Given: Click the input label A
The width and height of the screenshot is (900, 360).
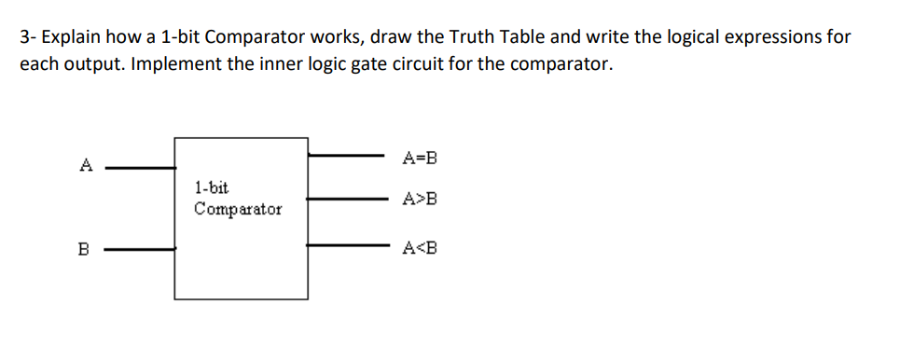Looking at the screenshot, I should pyautogui.click(x=86, y=166).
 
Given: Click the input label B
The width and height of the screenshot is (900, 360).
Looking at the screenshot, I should pyautogui.click(x=84, y=249).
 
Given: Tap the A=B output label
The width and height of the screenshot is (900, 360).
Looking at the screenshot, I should pyautogui.click(x=419, y=158).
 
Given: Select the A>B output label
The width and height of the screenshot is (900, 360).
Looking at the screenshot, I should pyautogui.click(x=419, y=199).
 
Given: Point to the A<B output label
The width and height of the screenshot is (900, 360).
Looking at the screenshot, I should pyautogui.click(x=419, y=248).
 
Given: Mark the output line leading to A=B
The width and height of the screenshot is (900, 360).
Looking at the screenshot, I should pyautogui.click(x=345, y=155).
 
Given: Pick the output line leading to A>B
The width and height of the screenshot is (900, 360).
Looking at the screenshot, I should pyautogui.click(x=345, y=198).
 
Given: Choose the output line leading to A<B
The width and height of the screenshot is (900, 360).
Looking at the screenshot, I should pyautogui.click(x=345, y=245).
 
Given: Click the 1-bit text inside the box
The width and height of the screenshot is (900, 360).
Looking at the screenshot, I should pyautogui.click(x=212, y=187).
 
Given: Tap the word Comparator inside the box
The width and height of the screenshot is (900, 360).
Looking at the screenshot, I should pyautogui.click(x=238, y=209).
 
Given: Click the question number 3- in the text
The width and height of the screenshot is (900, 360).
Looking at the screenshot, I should pyautogui.click(x=28, y=37).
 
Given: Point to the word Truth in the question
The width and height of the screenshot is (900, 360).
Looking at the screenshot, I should pyautogui.click(x=474, y=37).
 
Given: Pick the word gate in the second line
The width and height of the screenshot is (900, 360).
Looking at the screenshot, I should pyautogui.click(x=355, y=66).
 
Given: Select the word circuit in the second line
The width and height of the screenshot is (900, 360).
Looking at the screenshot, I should pyautogui.click(x=404, y=65).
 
